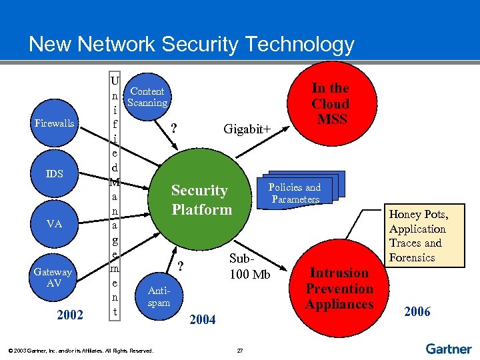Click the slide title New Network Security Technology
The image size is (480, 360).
[x=191, y=45]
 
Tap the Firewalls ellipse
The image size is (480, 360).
[x=55, y=123]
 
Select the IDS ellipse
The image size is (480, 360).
[x=55, y=174]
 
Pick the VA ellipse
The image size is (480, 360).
[x=55, y=224]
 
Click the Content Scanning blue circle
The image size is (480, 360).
[x=147, y=97]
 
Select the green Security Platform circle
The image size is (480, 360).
[x=201, y=200]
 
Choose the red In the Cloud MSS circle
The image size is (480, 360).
[x=330, y=104]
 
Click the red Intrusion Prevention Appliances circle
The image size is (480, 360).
[x=339, y=288]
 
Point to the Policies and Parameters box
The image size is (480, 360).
[x=294, y=193]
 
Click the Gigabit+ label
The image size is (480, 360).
[x=247, y=129]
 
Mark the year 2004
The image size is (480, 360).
[x=203, y=320]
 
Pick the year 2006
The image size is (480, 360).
[x=417, y=311]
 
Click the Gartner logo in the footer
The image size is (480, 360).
[x=448, y=348]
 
